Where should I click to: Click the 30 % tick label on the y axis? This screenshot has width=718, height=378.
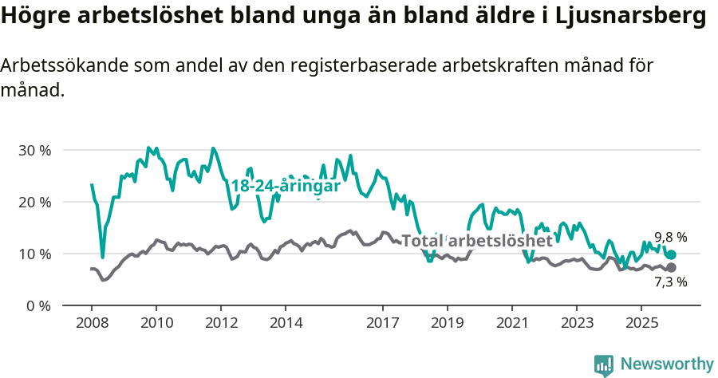34,150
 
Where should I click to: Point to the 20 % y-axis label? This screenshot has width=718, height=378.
34,202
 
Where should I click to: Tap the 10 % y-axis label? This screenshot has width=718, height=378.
34,254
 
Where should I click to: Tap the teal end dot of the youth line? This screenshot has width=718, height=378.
671,254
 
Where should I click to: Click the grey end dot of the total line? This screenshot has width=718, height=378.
671,267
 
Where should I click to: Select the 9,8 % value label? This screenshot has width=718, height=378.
670,237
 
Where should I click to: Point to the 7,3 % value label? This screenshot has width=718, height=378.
670,282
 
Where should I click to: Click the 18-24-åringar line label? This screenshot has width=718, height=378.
286,186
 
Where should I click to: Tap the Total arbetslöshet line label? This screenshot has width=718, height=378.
476,240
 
